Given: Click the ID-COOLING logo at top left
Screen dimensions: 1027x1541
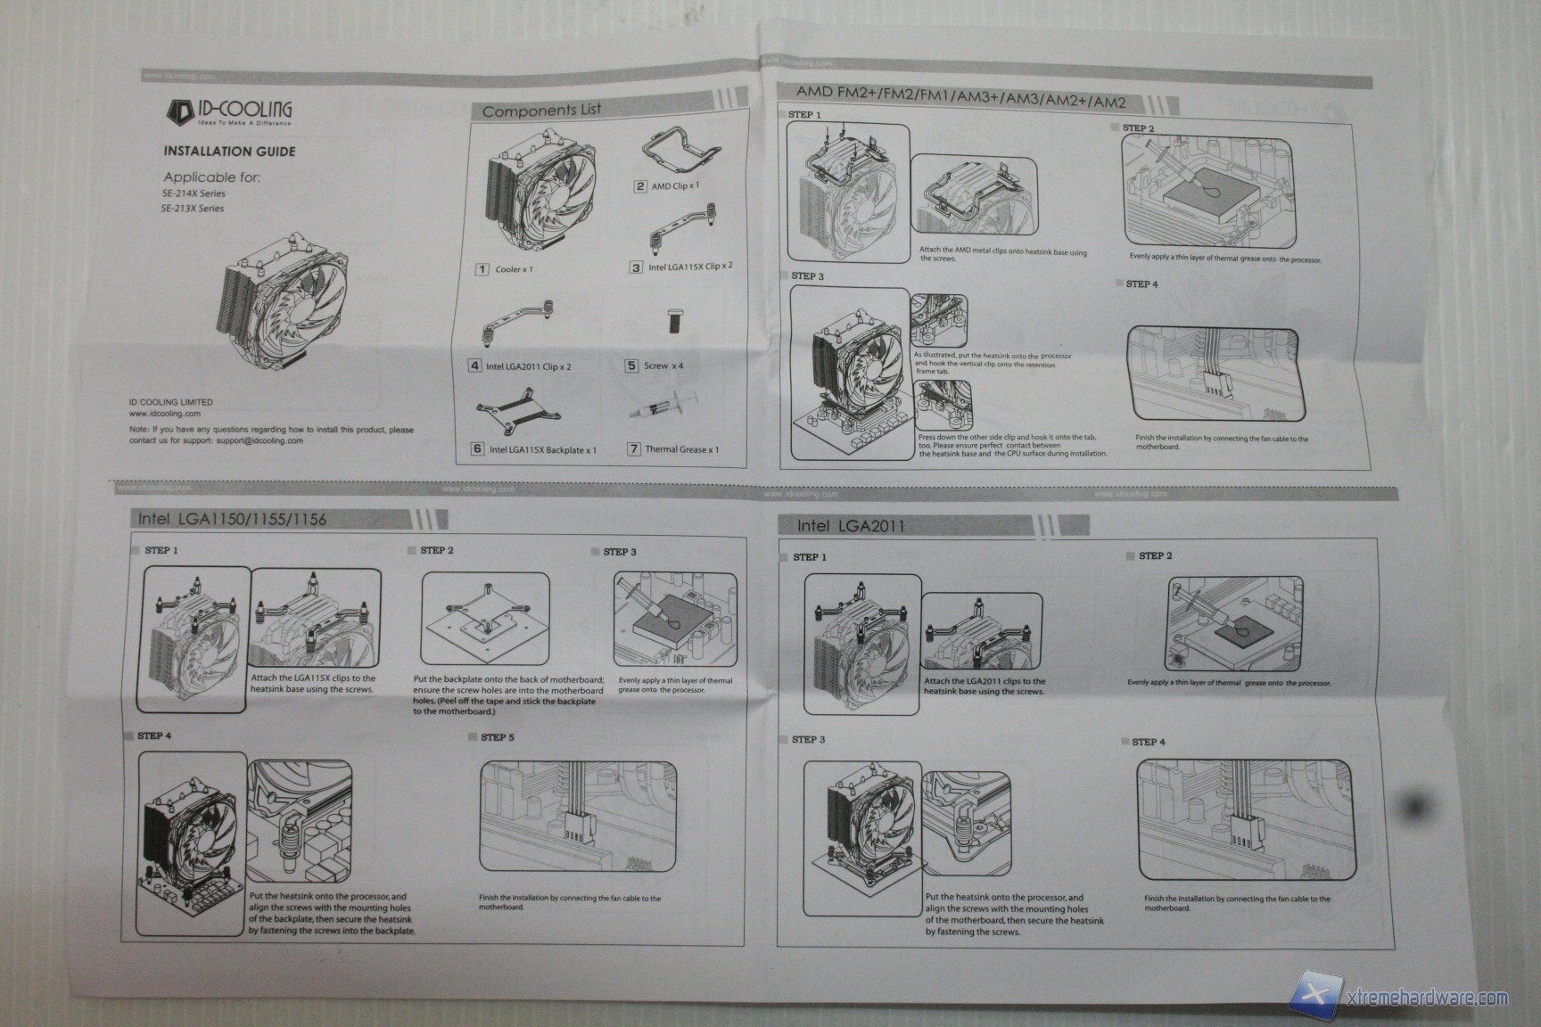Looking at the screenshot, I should (229, 111).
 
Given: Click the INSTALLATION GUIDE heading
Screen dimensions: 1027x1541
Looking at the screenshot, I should (229, 152).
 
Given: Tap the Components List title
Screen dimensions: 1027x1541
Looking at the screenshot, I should (541, 111).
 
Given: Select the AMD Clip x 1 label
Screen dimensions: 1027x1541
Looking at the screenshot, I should (675, 186).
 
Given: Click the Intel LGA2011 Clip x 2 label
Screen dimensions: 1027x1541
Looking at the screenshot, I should (528, 366).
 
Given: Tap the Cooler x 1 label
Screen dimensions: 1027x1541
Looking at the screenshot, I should (514, 269).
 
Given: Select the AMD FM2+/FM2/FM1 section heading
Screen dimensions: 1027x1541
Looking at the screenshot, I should (960, 95).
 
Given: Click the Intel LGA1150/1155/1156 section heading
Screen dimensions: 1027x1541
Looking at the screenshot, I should (232, 519).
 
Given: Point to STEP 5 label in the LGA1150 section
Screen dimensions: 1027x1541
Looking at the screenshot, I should (497, 737).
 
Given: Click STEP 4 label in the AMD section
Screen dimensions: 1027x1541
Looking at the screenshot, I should (1141, 284).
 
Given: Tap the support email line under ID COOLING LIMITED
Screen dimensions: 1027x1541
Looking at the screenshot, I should (216, 440).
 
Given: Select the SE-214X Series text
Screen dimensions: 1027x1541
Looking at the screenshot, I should (194, 193).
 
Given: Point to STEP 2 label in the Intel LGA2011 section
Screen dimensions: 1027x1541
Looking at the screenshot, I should (1155, 556).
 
